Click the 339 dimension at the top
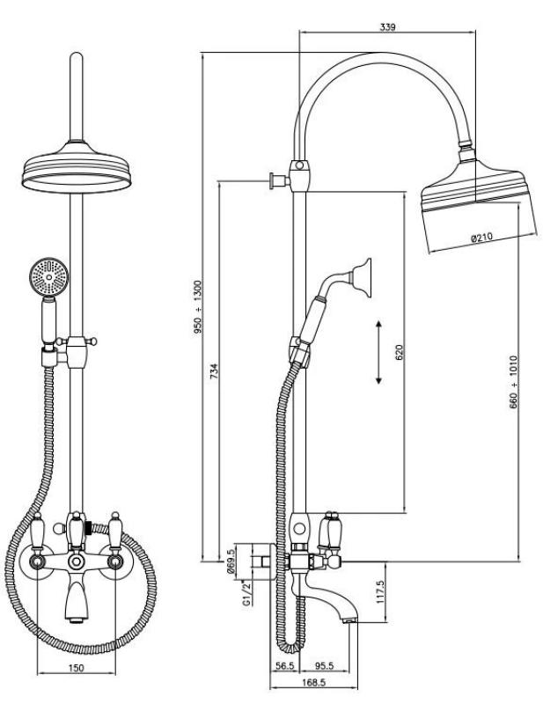(x=387, y=27)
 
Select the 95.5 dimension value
(x=326, y=666)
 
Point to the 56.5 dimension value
(x=284, y=666)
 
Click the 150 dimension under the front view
(x=77, y=670)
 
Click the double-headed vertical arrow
(x=378, y=352)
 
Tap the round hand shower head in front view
(x=46, y=278)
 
